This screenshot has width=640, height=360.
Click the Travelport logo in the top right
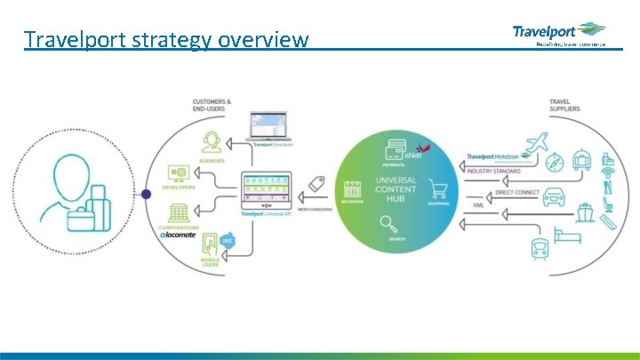[x=558, y=34]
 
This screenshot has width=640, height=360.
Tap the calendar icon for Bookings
[x=353, y=189]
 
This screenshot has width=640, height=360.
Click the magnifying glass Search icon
[x=388, y=224]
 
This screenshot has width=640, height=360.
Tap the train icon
[x=539, y=245]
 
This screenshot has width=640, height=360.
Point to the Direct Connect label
[x=516, y=192]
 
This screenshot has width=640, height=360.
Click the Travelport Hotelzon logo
[x=498, y=159]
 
